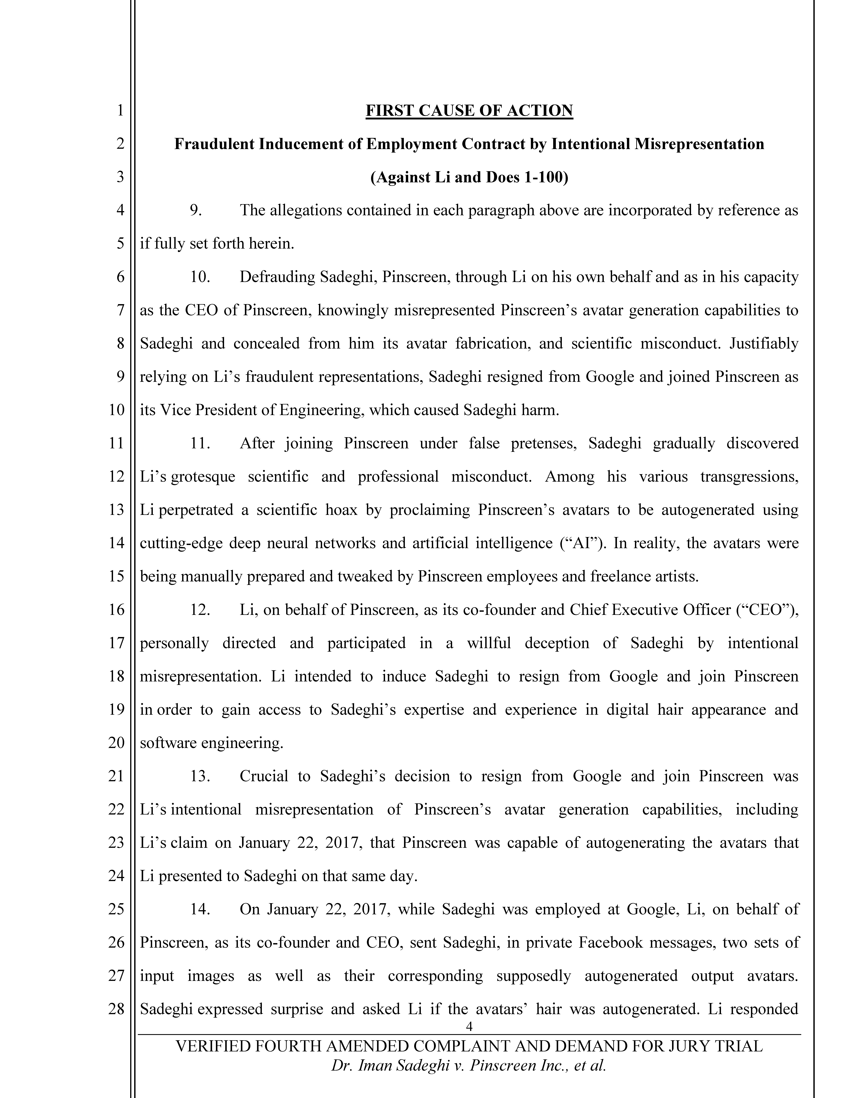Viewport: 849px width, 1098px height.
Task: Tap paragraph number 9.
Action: [196, 210]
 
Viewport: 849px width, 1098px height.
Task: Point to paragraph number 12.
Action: [200, 610]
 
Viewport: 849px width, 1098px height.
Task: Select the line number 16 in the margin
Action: [116, 610]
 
